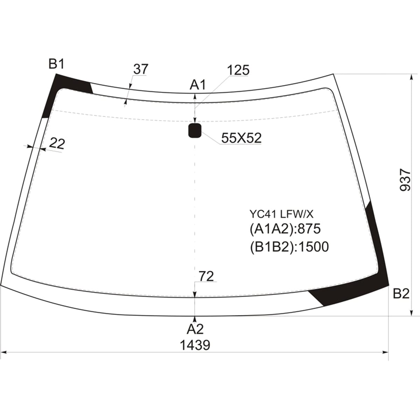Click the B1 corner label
pyautogui.click(x=56, y=64)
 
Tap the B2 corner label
pyautogui.click(x=401, y=294)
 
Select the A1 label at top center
pyautogui.click(x=198, y=85)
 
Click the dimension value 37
pyautogui.click(x=141, y=69)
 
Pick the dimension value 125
pyautogui.click(x=238, y=70)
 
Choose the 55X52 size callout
pyautogui.click(x=241, y=138)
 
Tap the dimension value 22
pyautogui.click(x=57, y=144)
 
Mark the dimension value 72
pyautogui.click(x=206, y=276)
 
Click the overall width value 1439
pyautogui.click(x=195, y=345)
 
